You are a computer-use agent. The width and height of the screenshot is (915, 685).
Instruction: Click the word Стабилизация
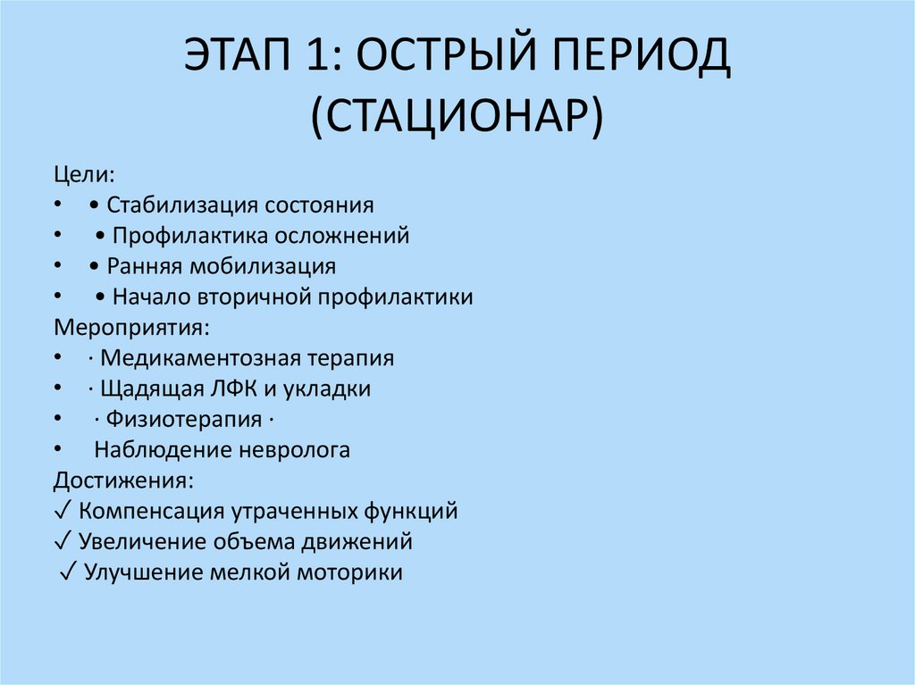[183, 205]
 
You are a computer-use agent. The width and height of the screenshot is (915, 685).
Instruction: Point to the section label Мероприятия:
[131, 327]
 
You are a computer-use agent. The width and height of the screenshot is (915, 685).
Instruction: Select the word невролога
[295, 450]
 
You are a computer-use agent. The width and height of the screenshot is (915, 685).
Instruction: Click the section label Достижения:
[122, 480]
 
